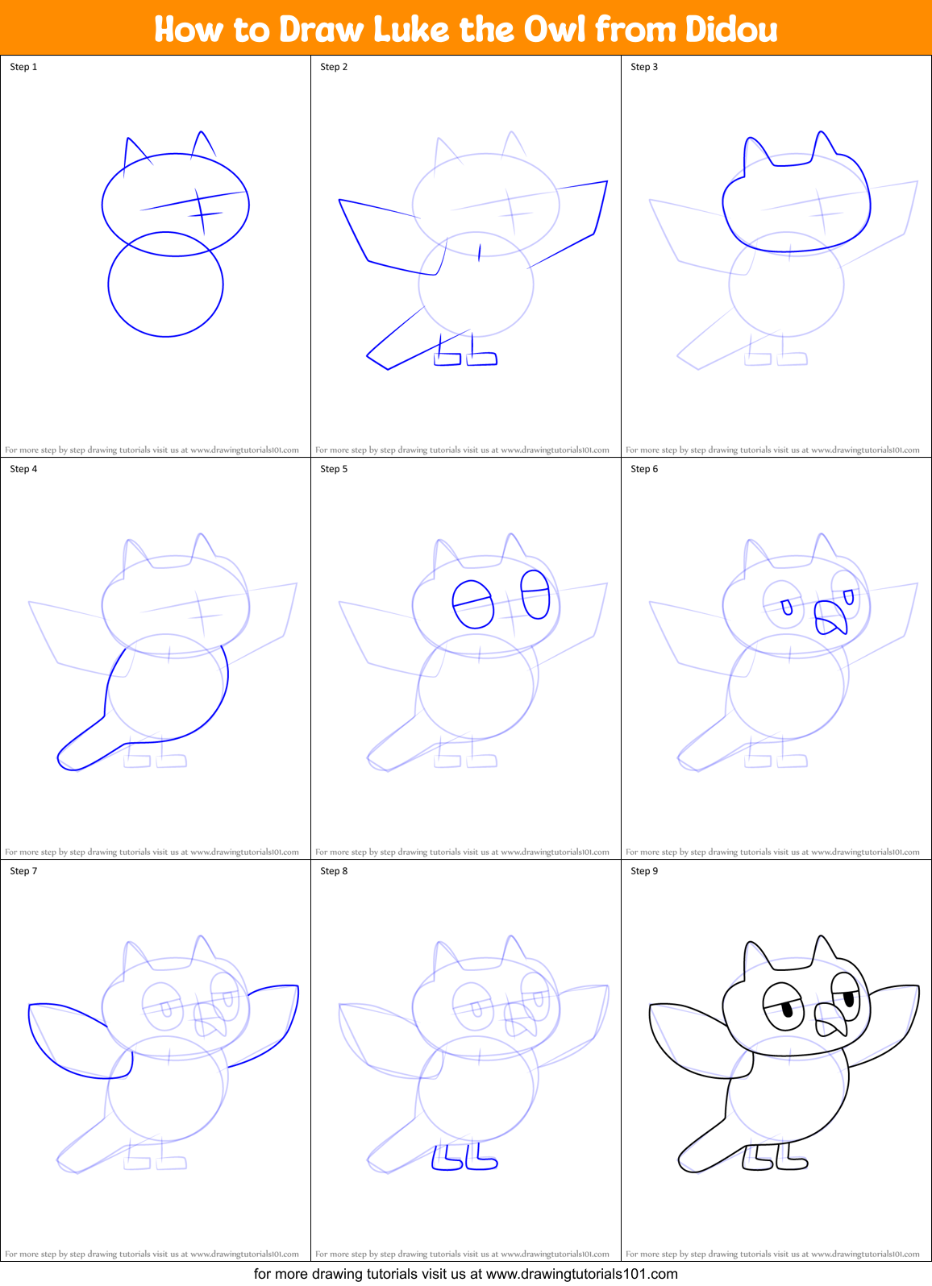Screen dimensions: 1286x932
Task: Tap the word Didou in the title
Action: [x=731, y=29]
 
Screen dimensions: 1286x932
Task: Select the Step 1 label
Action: [x=23, y=67]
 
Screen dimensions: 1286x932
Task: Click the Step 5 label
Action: [x=334, y=469]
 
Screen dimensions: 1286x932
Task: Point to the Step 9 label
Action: [x=644, y=871]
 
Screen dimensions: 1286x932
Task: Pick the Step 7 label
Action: [x=23, y=871]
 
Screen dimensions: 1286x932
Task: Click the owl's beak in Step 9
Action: [x=830, y=1019]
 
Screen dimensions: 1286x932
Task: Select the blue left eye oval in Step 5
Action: [x=473, y=604]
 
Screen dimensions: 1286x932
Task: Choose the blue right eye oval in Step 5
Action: [x=535, y=595]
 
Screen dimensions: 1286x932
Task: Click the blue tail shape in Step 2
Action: [x=403, y=346]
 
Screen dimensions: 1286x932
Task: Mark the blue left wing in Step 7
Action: [x=69, y=1043]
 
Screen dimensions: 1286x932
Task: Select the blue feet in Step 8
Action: [x=464, y=1157]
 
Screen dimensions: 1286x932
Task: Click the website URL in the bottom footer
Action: [x=581, y=1274]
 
